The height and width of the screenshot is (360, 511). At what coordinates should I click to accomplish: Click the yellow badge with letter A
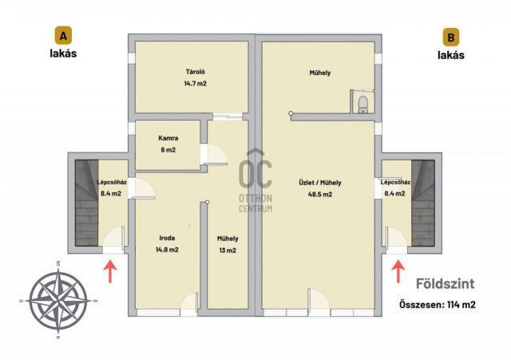pyautogui.click(x=63, y=35)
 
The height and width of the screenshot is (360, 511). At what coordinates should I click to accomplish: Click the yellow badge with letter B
pyautogui.click(x=450, y=37)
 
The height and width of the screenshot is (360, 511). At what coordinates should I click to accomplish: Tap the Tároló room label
pyautogui.click(x=195, y=72)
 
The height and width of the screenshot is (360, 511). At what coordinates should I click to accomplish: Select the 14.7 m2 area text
pyautogui.click(x=195, y=83)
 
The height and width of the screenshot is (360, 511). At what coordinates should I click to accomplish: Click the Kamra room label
pyautogui.click(x=168, y=138)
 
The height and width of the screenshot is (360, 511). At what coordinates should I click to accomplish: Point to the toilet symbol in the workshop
pyautogui.click(x=362, y=105)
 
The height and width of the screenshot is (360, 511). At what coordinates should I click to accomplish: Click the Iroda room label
pyautogui.click(x=167, y=238)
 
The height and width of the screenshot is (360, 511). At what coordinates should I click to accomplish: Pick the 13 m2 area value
pyautogui.click(x=228, y=250)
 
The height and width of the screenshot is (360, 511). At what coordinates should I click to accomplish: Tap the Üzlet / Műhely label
pyautogui.click(x=320, y=183)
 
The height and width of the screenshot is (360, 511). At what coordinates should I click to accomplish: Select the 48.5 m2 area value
pyautogui.click(x=320, y=194)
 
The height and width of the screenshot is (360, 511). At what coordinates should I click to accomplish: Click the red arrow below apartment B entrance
pyautogui.click(x=398, y=271)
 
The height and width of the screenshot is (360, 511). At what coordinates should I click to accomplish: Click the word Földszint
pyautogui.click(x=446, y=283)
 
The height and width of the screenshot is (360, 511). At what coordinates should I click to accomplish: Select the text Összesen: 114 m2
pyautogui.click(x=438, y=305)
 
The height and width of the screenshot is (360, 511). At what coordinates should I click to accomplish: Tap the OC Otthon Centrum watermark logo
pyautogui.click(x=255, y=181)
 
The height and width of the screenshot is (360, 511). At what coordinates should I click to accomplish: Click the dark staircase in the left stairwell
pyautogui.click(x=87, y=203)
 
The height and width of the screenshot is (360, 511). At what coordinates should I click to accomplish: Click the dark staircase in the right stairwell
pyautogui.click(x=423, y=203)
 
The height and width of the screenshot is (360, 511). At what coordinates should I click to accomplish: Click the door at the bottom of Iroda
pyautogui.click(x=189, y=304)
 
